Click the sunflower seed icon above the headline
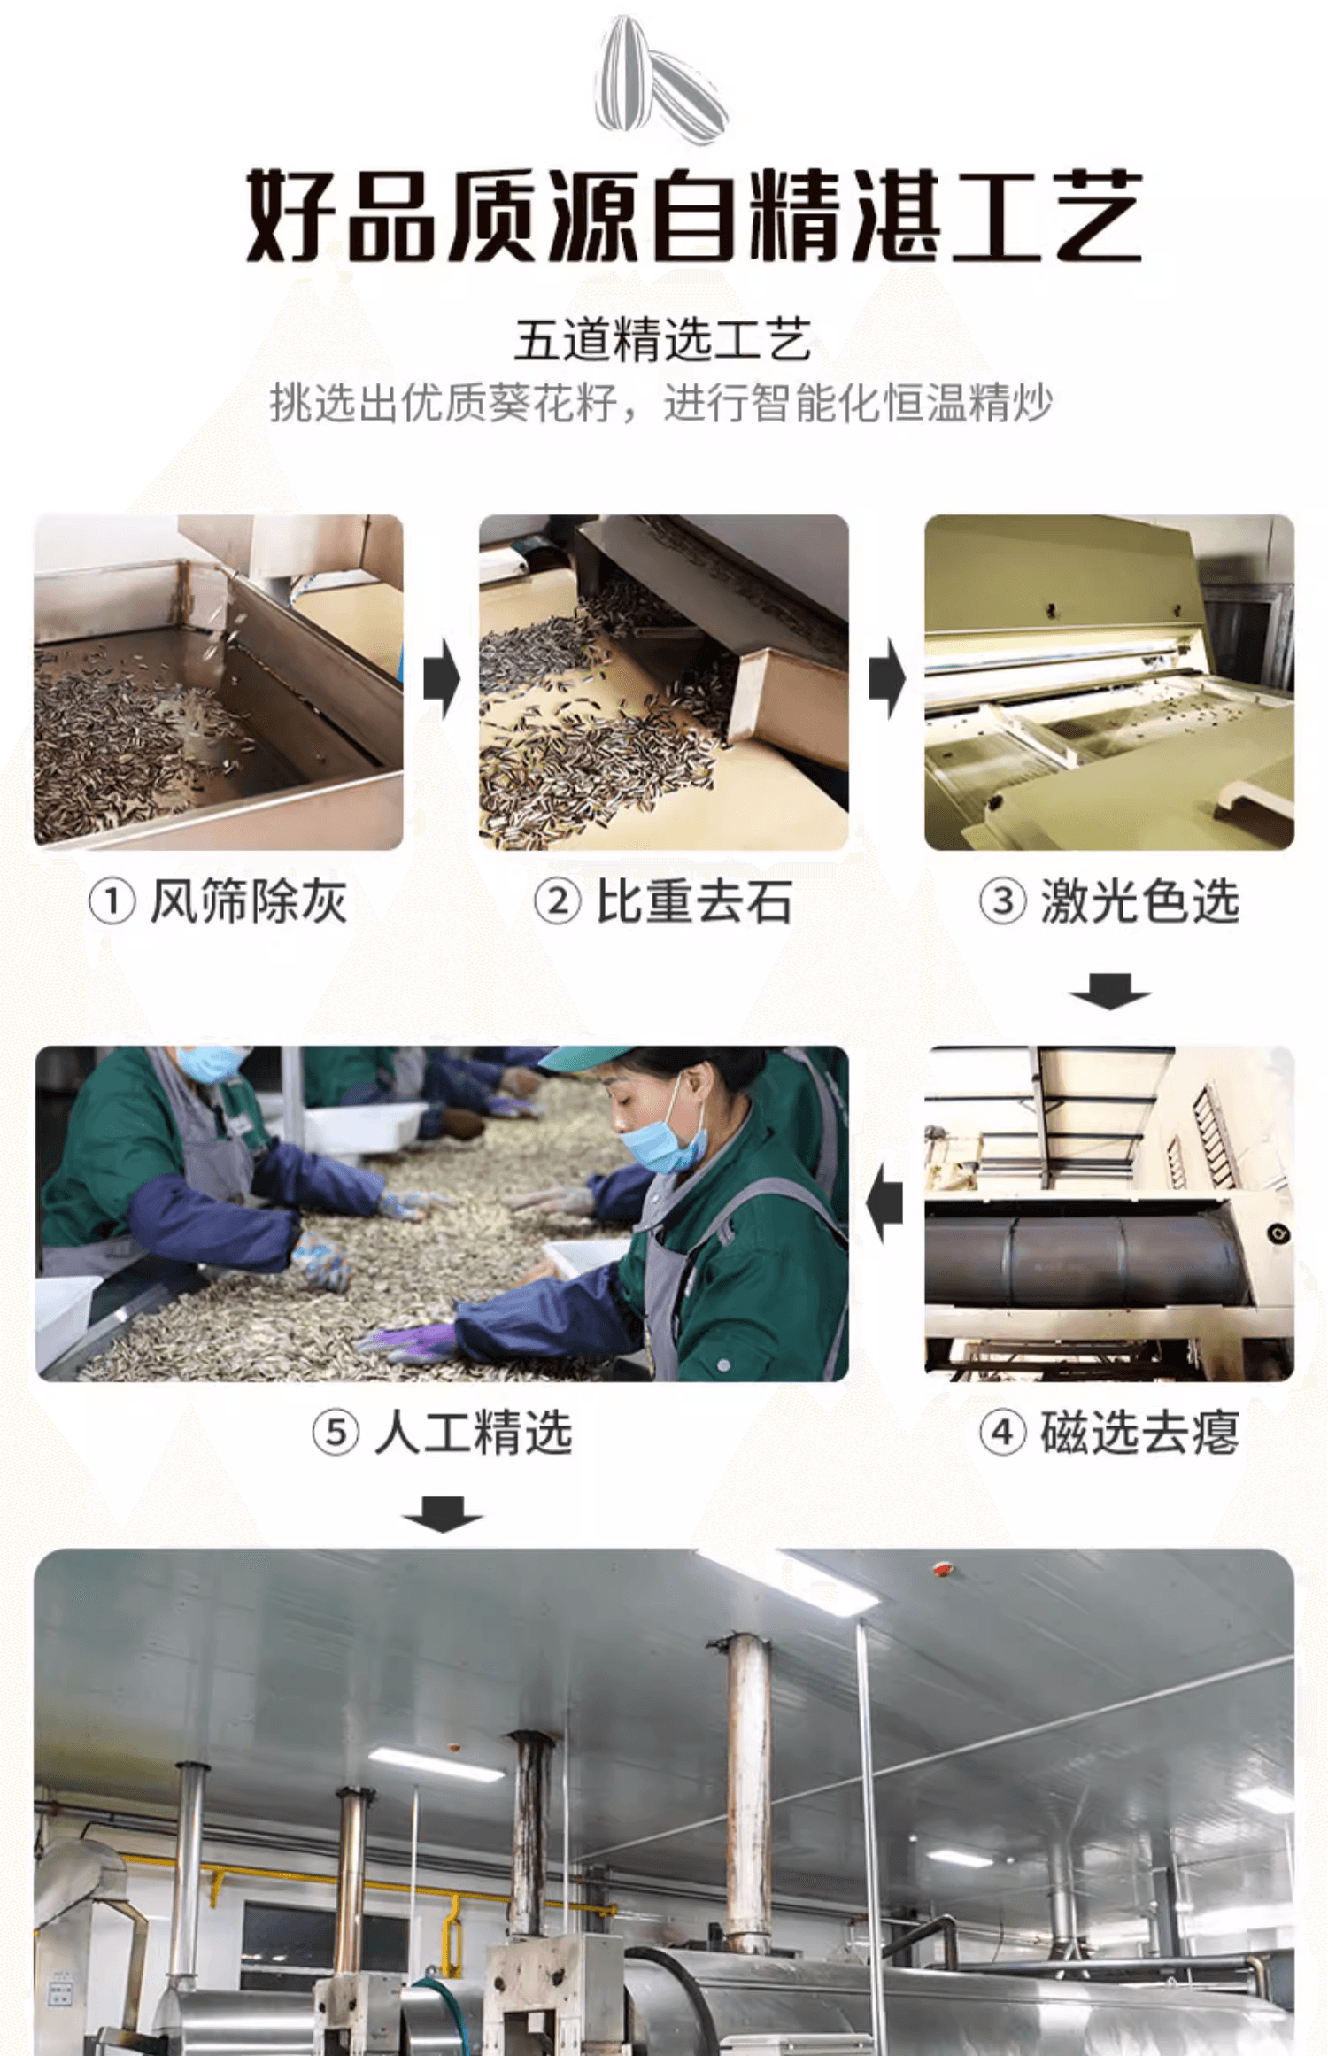pyautogui.click(x=661, y=78)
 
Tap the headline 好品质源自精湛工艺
pyautogui.click(x=693, y=216)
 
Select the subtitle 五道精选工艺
pyautogui.click(x=663, y=341)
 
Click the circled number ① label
pyautogui.click(x=112, y=902)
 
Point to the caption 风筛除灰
pyautogui.click(x=248, y=902)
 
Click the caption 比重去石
pyautogui.click(x=693, y=902)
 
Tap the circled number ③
pyautogui.click(x=1002, y=902)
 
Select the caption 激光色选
pyautogui.click(x=1139, y=902)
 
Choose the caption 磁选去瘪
pyautogui.click(x=1139, y=1432)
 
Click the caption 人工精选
pyautogui.click(x=473, y=1432)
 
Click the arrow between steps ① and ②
pyautogui.click(x=442, y=680)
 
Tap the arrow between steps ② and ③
pyautogui.click(x=887, y=680)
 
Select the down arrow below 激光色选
pyautogui.click(x=1110, y=992)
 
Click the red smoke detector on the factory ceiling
pyautogui.click(x=941, y=1569)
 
